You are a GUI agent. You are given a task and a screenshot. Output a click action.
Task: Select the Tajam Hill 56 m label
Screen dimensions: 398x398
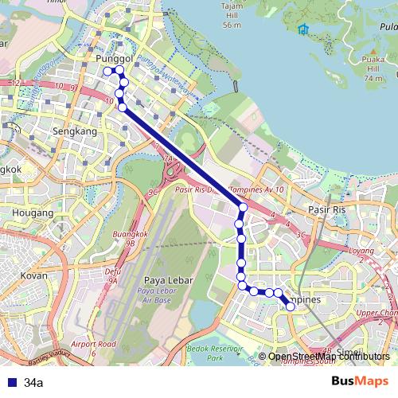(232, 15)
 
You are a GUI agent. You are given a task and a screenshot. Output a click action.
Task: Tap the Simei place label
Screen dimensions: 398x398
(350, 351)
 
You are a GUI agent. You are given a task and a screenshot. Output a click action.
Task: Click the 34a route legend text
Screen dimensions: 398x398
(33, 383)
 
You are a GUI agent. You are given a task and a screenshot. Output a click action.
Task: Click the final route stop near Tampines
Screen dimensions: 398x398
(291, 306)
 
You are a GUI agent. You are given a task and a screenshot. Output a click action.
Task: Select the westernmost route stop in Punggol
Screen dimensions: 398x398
(107, 71)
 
